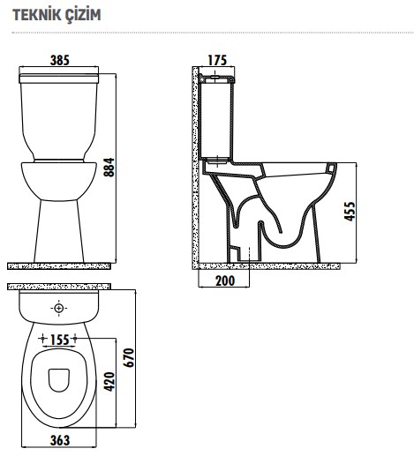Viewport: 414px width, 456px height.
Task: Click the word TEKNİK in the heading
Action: click(32, 15)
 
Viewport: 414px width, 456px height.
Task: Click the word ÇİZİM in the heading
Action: click(79, 15)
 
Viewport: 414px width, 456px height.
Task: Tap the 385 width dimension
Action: click(60, 60)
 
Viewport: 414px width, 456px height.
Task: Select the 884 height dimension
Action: click(109, 167)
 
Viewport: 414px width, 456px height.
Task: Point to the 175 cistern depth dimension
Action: click(217, 60)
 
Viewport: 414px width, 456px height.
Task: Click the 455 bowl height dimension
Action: click(350, 211)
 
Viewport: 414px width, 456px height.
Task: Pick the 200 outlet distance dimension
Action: click(225, 280)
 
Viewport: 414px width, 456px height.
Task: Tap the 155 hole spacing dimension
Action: click(60, 340)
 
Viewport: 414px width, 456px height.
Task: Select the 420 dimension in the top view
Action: click(109, 382)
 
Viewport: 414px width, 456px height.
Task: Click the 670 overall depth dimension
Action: click(129, 357)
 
